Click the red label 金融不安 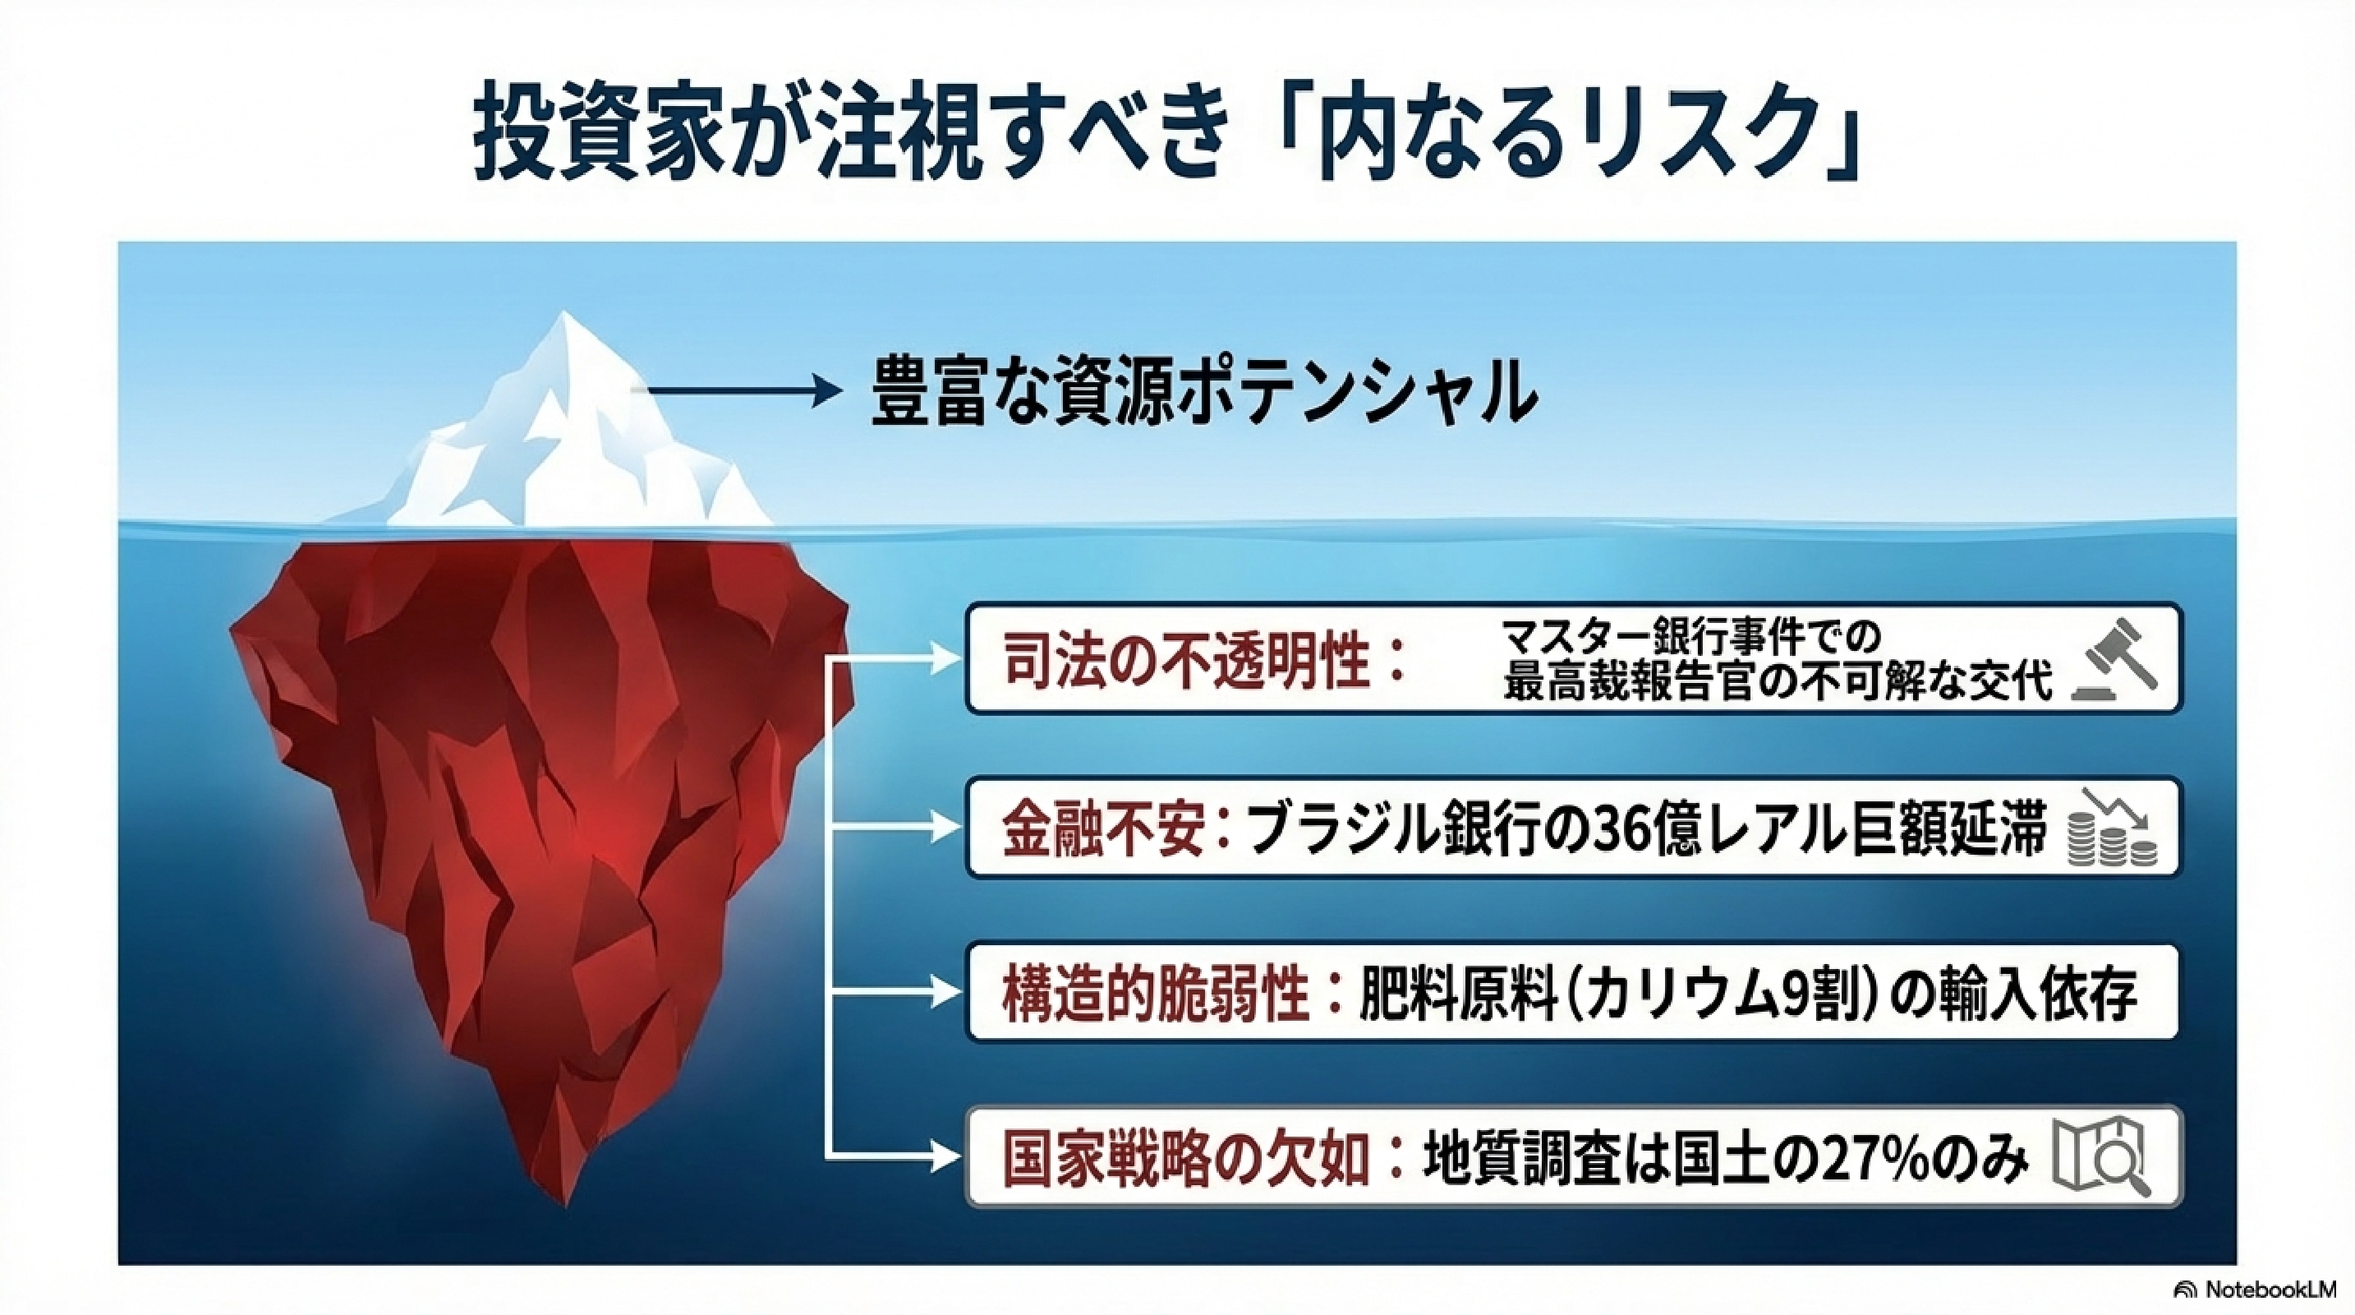pyautogui.click(x=1102, y=828)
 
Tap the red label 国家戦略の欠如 pyautogui.click(x=1186, y=1159)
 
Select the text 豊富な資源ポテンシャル pyautogui.click(x=1203, y=391)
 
